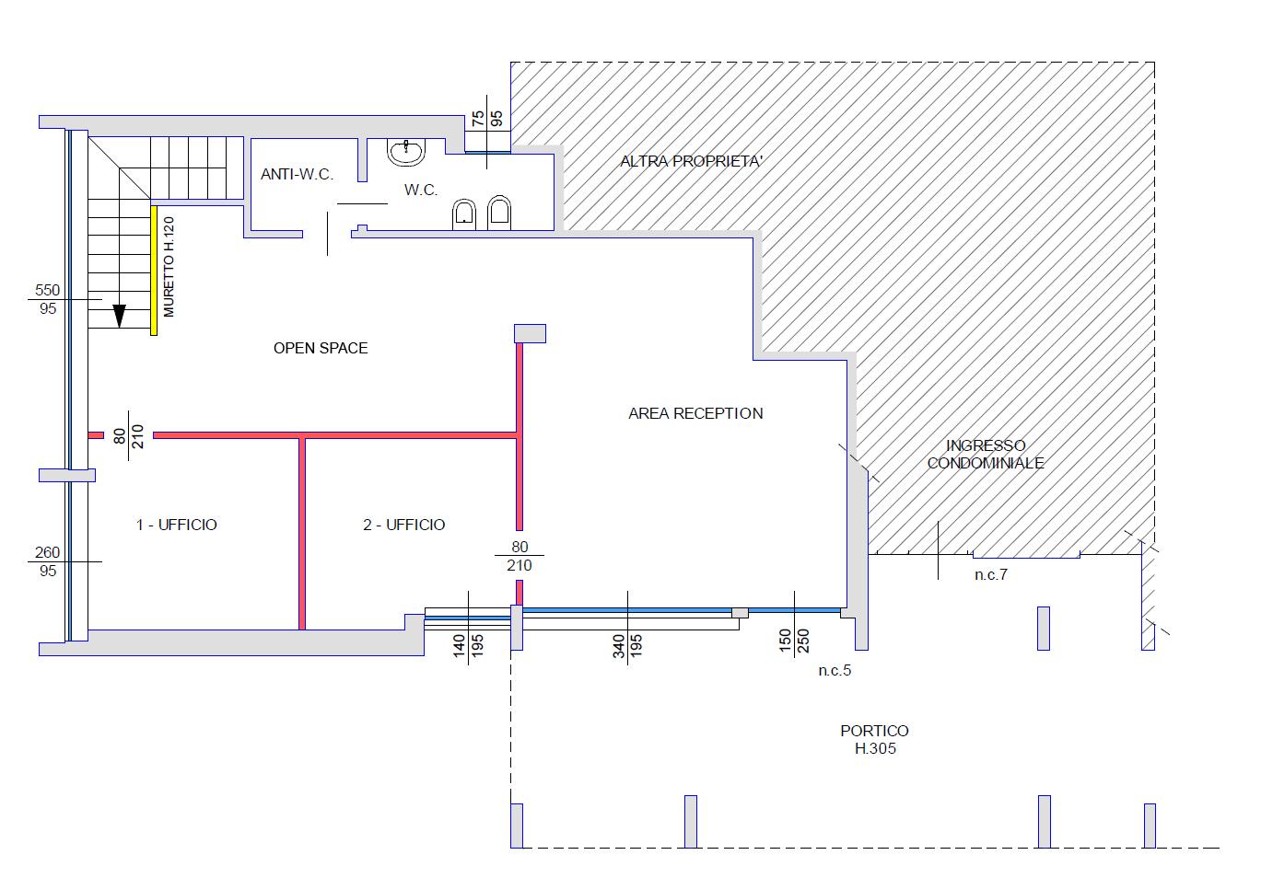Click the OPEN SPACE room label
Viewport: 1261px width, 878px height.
[x=321, y=348]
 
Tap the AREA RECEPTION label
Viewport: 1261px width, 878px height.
[x=695, y=413]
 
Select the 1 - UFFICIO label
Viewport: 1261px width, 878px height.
[x=176, y=525]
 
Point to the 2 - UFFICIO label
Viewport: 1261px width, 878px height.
[x=403, y=525]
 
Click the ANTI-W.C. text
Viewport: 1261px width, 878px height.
[x=297, y=174]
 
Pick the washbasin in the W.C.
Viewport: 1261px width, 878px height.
[x=406, y=152]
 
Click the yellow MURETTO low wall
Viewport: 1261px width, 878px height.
[x=154, y=271]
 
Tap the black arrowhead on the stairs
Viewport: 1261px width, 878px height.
[x=120, y=316]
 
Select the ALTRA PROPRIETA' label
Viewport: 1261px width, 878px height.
[x=691, y=161]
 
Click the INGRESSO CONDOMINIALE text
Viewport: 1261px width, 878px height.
[x=986, y=455]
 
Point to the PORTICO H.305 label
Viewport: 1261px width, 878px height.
[x=874, y=740]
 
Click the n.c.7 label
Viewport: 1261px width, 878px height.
[x=991, y=575]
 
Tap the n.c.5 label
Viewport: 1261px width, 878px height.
[x=835, y=670]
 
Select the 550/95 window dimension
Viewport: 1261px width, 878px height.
[x=47, y=299]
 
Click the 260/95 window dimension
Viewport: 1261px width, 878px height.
[x=47, y=561]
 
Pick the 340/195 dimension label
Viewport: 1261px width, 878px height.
[x=627, y=646]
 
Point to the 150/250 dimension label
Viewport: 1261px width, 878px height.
[x=794, y=641]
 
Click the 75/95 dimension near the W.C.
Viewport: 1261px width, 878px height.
[x=487, y=119]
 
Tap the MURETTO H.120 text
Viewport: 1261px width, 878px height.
[x=169, y=267]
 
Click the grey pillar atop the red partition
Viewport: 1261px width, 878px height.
[x=530, y=333]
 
